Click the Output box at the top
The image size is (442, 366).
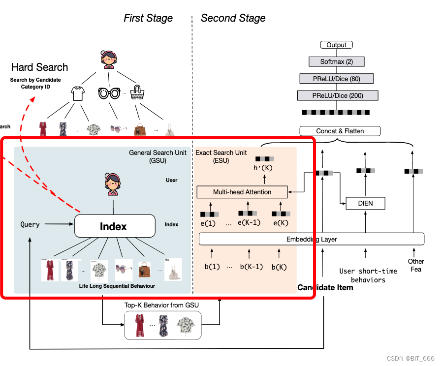pos(336,45)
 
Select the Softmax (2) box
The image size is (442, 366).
pos(336,62)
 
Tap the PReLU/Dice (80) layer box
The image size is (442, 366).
pos(336,78)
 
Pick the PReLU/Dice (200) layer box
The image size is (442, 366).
pos(336,95)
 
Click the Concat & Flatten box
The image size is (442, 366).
pos(340,131)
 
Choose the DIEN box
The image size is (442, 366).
pos(365,203)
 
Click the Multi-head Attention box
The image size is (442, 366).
pos(242,192)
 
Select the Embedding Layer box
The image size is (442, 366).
pos(311,239)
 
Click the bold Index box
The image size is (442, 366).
pos(113,226)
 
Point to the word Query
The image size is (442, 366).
pos(30,224)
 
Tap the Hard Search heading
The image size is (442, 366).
pos(39,67)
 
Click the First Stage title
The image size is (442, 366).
pos(148,18)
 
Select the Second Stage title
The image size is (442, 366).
pos(233,18)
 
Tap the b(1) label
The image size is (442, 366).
pos(212,267)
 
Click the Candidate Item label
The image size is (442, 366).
pos(325,287)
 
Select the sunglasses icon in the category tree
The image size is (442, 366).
pos(109,93)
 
